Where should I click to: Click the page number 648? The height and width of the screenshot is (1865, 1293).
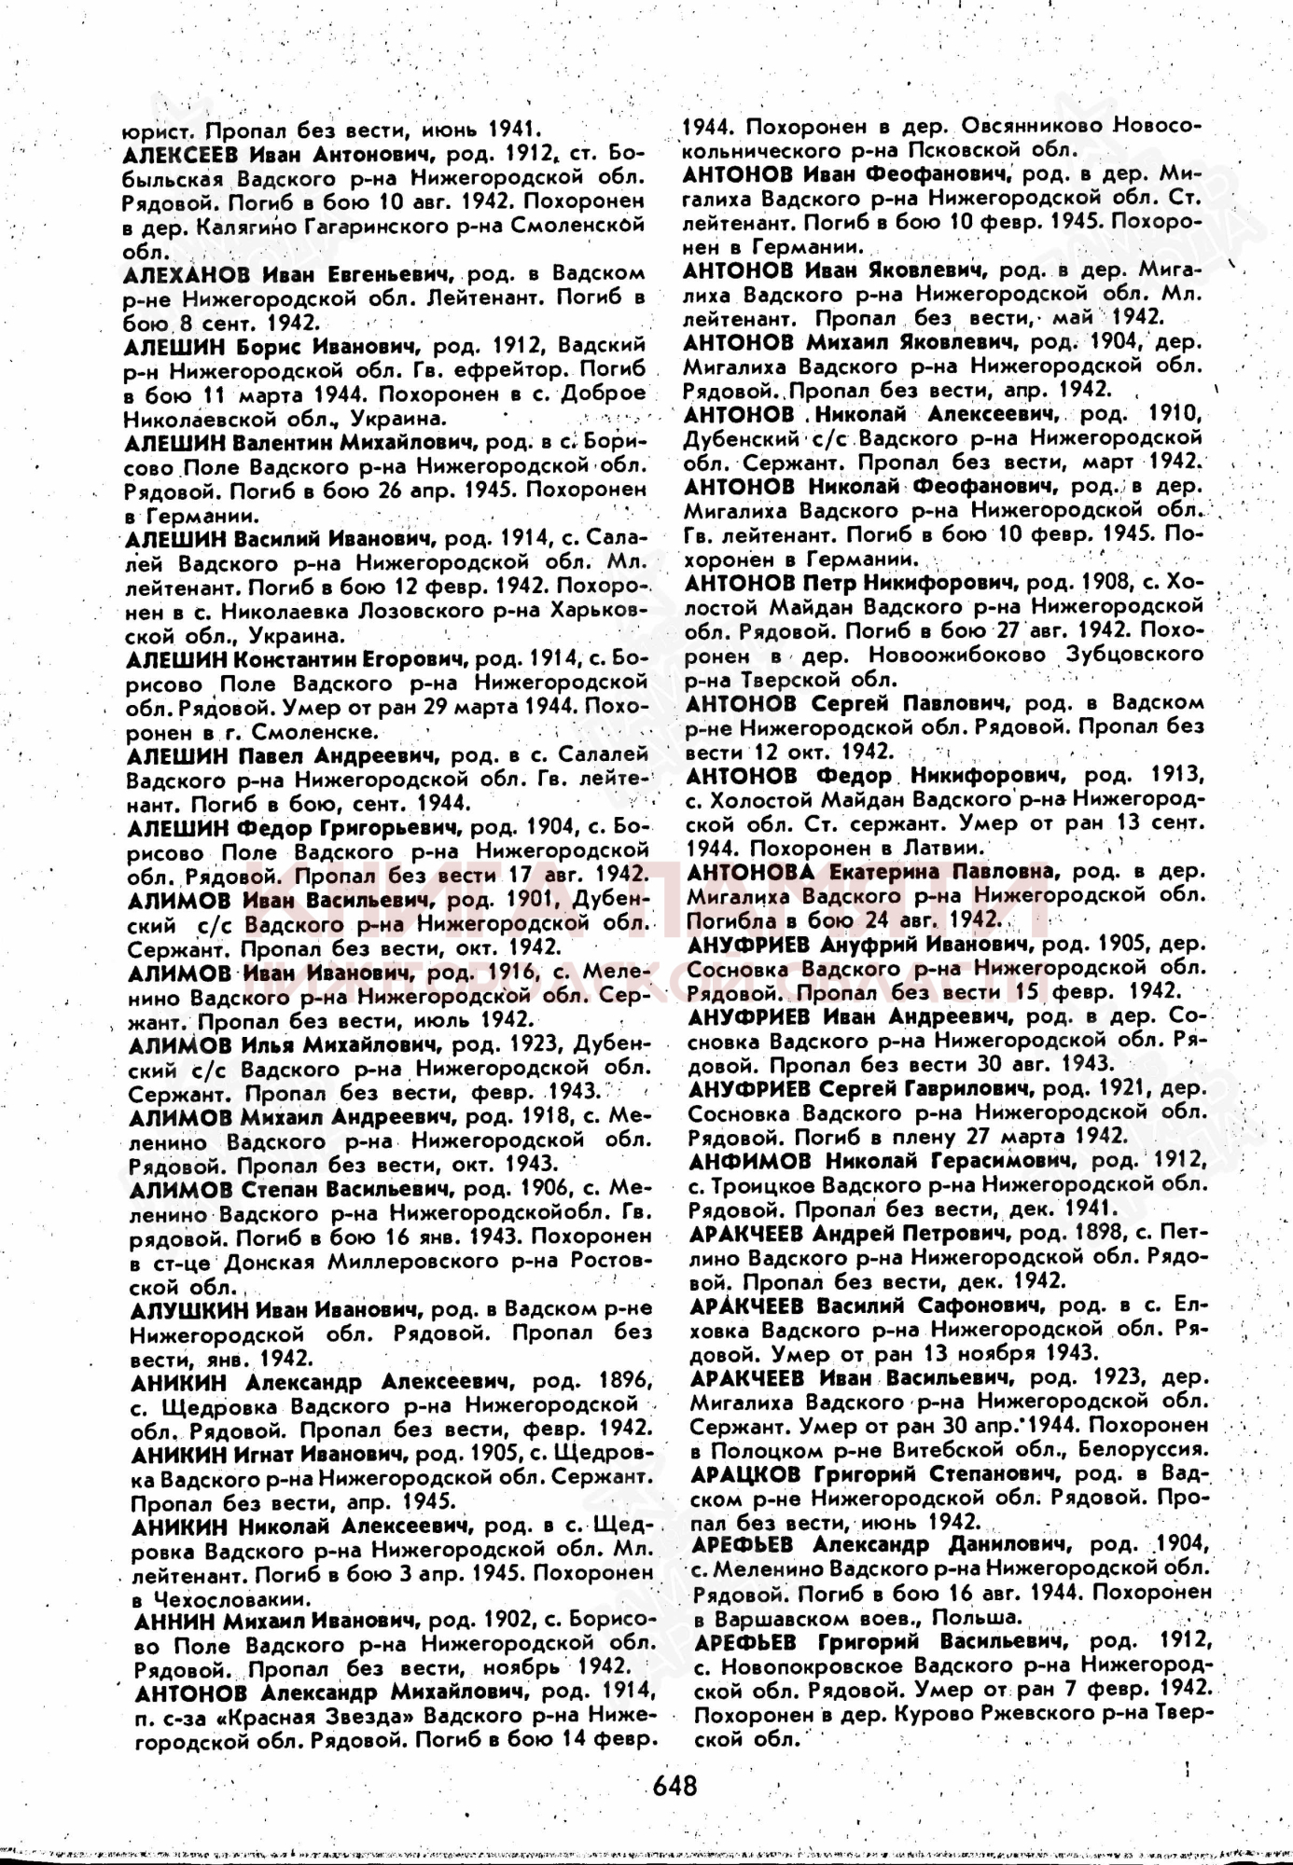click(674, 1784)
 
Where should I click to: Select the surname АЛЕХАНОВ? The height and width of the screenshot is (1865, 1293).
click(186, 274)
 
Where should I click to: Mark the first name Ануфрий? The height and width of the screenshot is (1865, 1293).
click(867, 944)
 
